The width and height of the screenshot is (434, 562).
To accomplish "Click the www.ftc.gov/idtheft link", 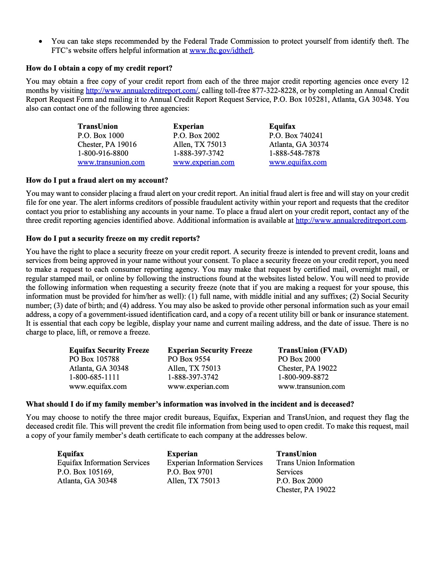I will click(x=221, y=50).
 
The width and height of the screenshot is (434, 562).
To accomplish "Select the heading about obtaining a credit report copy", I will click(x=99, y=68).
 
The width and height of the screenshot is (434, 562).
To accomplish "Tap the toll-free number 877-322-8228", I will click(x=273, y=90).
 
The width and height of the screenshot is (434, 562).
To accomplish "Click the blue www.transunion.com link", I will click(x=111, y=162).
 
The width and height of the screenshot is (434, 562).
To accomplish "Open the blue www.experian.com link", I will click(x=204, y=162).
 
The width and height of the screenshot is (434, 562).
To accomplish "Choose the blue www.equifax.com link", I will click(x=298, y=162).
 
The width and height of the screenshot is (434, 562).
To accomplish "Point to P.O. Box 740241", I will click(x=296, y=136).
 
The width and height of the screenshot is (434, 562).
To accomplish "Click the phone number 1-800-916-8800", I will click(x=103, y=153).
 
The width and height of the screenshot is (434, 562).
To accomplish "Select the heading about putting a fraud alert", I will click(x=97, y=180).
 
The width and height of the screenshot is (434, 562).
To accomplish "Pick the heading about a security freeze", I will click(x=113, y=238).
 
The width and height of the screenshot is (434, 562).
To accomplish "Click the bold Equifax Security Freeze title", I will click(x=109, y=350).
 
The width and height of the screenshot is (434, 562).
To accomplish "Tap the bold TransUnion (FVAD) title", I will click(x=312, y=350).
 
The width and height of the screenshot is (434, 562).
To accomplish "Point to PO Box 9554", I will click(x=189, y=359).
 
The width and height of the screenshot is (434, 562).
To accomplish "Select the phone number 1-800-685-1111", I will click(x=94, y=377).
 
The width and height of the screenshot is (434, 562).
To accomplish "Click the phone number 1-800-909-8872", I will click(x=303, y=377).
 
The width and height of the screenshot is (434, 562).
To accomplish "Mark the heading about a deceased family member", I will click(x=190, y=404).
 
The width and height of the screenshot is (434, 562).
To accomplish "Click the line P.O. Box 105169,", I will click(x=85, y=472).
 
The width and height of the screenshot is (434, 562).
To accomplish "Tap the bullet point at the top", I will click(x=41, y=42).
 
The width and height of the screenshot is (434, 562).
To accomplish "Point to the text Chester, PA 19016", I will click(x=107, y=144).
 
